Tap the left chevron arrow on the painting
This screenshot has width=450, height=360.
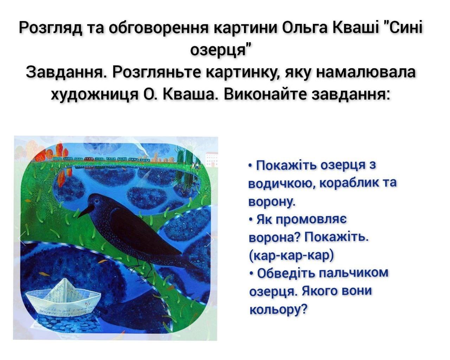[x=22, y=238]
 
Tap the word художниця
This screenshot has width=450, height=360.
[x=95, y=95]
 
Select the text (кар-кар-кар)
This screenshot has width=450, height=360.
[x=291, y=255]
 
